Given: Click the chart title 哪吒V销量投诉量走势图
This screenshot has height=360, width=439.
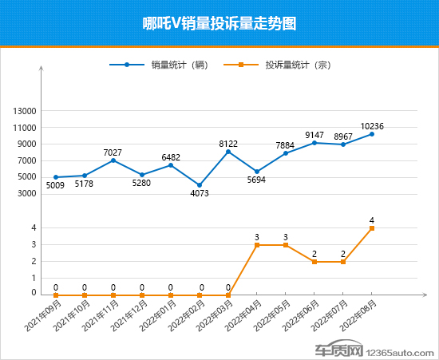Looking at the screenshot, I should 219,23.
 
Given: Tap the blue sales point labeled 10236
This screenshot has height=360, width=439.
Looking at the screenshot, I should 372,134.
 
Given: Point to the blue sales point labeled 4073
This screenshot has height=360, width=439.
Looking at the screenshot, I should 200,185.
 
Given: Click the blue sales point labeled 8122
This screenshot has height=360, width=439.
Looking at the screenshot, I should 228,152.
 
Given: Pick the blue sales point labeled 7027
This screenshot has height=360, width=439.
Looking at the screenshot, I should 113,160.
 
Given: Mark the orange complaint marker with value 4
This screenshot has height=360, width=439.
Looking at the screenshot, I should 372,228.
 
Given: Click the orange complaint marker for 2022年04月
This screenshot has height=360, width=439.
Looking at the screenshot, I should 257,245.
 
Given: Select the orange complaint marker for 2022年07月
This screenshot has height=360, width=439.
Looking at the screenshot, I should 343,262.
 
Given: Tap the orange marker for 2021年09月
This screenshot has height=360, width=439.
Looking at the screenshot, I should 56,295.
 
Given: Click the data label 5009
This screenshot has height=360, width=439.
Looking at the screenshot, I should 55,186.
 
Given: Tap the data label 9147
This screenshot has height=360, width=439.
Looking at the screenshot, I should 314,135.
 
